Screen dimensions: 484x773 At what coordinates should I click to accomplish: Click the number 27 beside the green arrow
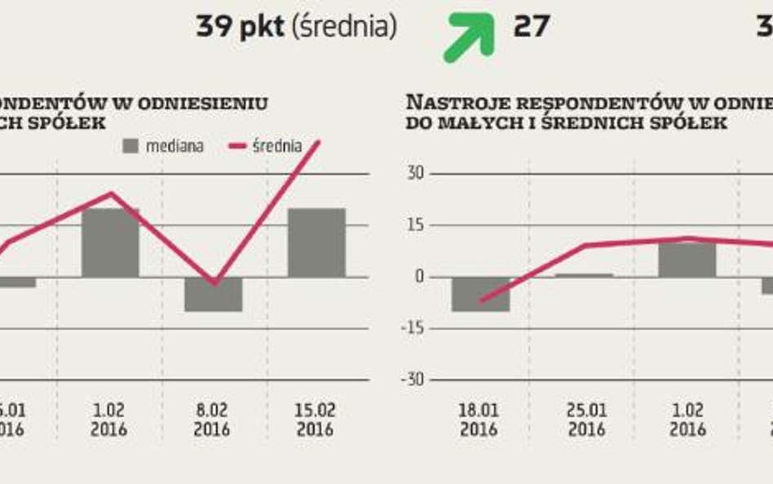pyautogui.click(x=531, y=27)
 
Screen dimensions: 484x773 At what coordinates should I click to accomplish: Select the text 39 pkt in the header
pyautogui.click(x=239, y=28)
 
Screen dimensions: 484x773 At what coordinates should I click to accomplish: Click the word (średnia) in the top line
pyautogui.click(x=345, y=28)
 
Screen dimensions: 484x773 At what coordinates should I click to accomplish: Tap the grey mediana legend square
pyautogui.click(x=131, y=146)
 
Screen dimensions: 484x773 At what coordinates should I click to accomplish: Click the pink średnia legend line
pyautogui.click(x=238, y=146)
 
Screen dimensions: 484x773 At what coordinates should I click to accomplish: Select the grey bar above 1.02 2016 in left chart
pyautogui.click(x=111, y=242)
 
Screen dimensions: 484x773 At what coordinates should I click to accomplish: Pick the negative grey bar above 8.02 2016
pyautogui.click(x=213, y=294)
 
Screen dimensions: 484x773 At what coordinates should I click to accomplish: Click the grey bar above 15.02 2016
pyautogui.click(x=316, y=242)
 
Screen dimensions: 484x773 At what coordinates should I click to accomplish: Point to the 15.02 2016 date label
pyautogui.click(x=316, y=420)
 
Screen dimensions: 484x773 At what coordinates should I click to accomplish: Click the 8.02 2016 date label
pyautogui.click(x=212, y=420)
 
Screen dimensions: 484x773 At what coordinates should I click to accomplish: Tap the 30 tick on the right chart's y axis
pyautogui.click(x=417, y=174)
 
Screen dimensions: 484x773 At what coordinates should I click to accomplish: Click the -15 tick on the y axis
pyautogui.click(x=414, y=328)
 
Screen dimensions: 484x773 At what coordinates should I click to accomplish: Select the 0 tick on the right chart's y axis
pyautogui.click(x=420, y=277)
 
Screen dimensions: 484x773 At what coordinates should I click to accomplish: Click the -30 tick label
pyautogui.click(x=414, y=380)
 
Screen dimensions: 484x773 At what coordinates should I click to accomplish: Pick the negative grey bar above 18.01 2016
pyautogui.click(x=480, y=294)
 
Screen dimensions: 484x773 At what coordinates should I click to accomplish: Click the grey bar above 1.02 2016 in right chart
pyautogui.click(x=687, y=260)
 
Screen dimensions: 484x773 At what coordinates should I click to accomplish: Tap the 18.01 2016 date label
pyautogui.click(x=479, y=420)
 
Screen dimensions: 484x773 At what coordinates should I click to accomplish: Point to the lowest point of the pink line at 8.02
pyautogui.click(x=214, y=283)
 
